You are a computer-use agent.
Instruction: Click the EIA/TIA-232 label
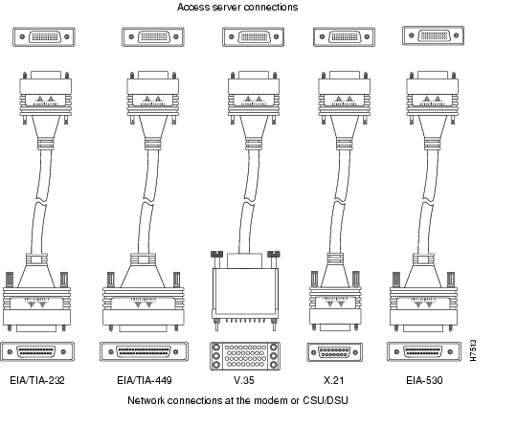click(x=37, y=380)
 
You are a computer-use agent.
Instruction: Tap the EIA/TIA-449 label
click(x=145, y=380)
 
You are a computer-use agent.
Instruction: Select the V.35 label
click(x=244, y=380)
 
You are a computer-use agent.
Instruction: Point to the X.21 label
click(x=334, y=380)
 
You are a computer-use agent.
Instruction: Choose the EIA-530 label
click(x=424, y=380)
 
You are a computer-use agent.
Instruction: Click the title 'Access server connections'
click(x=237, y=7)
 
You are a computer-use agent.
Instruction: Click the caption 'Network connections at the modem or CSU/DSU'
click(x=237, y=400)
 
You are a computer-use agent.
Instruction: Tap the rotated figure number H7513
click(x=473, y=350)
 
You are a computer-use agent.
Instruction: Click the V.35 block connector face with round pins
click(x=245, y=356)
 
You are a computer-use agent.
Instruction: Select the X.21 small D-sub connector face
click(x=335, y=352)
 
